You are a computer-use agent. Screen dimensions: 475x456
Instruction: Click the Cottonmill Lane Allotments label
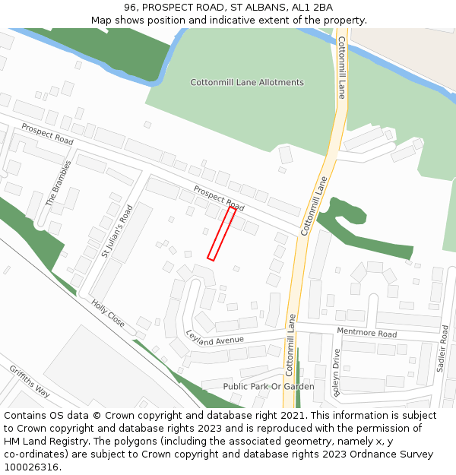(247, 82)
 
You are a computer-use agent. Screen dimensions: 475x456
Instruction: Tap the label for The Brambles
(59, 183)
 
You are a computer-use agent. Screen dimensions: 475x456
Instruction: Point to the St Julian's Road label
(117, 231)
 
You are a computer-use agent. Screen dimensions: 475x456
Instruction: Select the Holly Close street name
(107, 313)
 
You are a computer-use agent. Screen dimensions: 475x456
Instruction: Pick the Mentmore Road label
(366, 334)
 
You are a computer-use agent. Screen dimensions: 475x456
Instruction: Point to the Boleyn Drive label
(336, 372)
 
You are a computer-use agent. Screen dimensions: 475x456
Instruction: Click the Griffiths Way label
(30, 382)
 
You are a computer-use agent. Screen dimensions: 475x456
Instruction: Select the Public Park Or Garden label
(268, 386)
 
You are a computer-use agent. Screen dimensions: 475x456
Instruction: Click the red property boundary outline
(221, 234)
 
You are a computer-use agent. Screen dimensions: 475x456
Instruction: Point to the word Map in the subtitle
(103, 20)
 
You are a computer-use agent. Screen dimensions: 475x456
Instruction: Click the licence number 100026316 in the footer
(32, 467)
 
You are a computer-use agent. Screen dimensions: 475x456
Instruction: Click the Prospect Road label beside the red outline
(219, 198)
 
